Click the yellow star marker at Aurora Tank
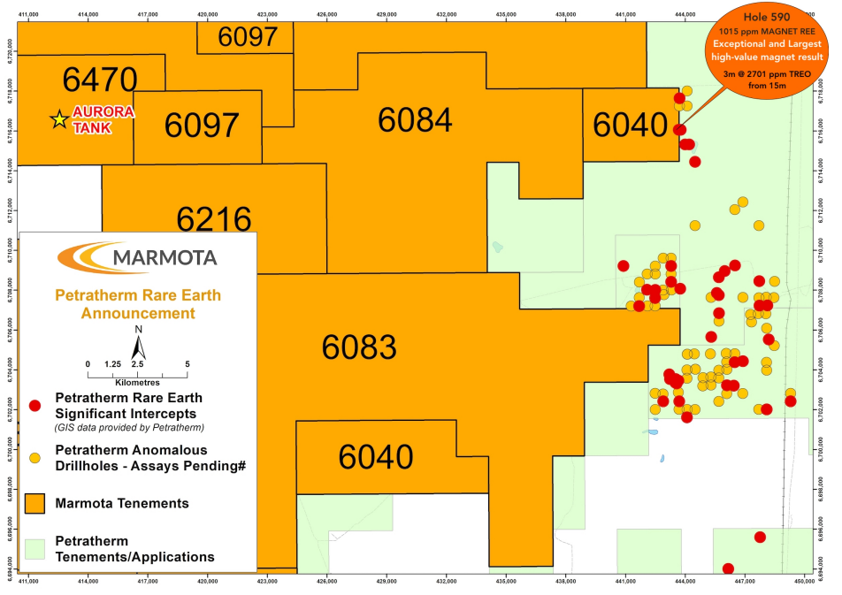tap(59, 119)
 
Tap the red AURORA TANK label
tap(104, 119)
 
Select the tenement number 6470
tap(100, 80)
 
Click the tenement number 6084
tap(415, 120)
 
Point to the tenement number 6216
tap(214, 217)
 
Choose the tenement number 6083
tap(358, 347)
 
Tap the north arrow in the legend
tap(138, 340)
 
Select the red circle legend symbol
tap(35, 405)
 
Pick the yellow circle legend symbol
tap(35, 458)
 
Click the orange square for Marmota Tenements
tap(35, 503)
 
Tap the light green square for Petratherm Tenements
tap(35, 549)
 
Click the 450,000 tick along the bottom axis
tap(804, 582)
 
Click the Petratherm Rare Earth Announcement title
tap(138, 304)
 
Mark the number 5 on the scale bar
tap(187, 363)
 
